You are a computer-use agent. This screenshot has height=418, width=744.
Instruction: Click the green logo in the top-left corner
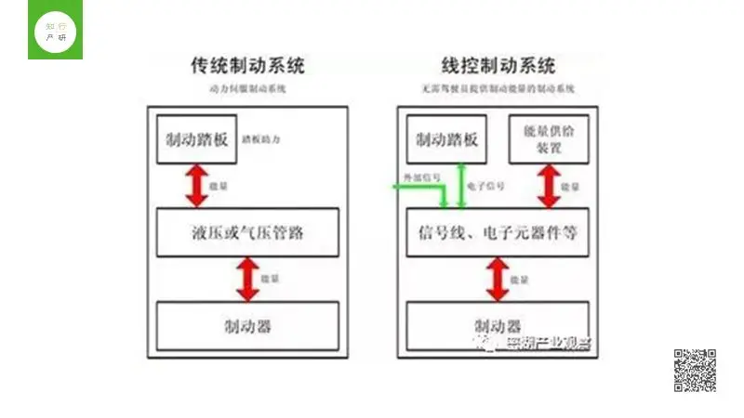[x=55, y=30]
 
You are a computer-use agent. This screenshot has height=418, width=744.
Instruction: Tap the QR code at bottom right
[x=695, y=371]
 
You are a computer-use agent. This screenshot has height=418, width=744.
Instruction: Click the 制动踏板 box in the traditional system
[x=193, y=139]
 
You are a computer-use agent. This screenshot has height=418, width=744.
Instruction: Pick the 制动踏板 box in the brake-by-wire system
[x=447, y=139]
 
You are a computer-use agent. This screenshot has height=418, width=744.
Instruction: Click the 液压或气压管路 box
[x=246, y=232]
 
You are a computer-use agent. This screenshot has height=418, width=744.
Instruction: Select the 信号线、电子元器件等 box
[x=498, y=232]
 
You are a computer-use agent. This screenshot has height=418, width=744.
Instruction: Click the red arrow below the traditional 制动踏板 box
[x=195, y=186]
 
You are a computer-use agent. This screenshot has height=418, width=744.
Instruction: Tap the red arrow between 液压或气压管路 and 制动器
[x=247, y=279]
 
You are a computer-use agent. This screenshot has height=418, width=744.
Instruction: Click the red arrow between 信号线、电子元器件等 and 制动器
[x=498, y=279]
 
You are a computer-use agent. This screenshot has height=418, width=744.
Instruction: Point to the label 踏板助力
[x=261, y=139]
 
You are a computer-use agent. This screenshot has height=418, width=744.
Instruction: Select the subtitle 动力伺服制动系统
[x=247, y=89]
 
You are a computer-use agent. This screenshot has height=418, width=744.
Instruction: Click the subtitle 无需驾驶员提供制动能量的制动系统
[x=498, y=89]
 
